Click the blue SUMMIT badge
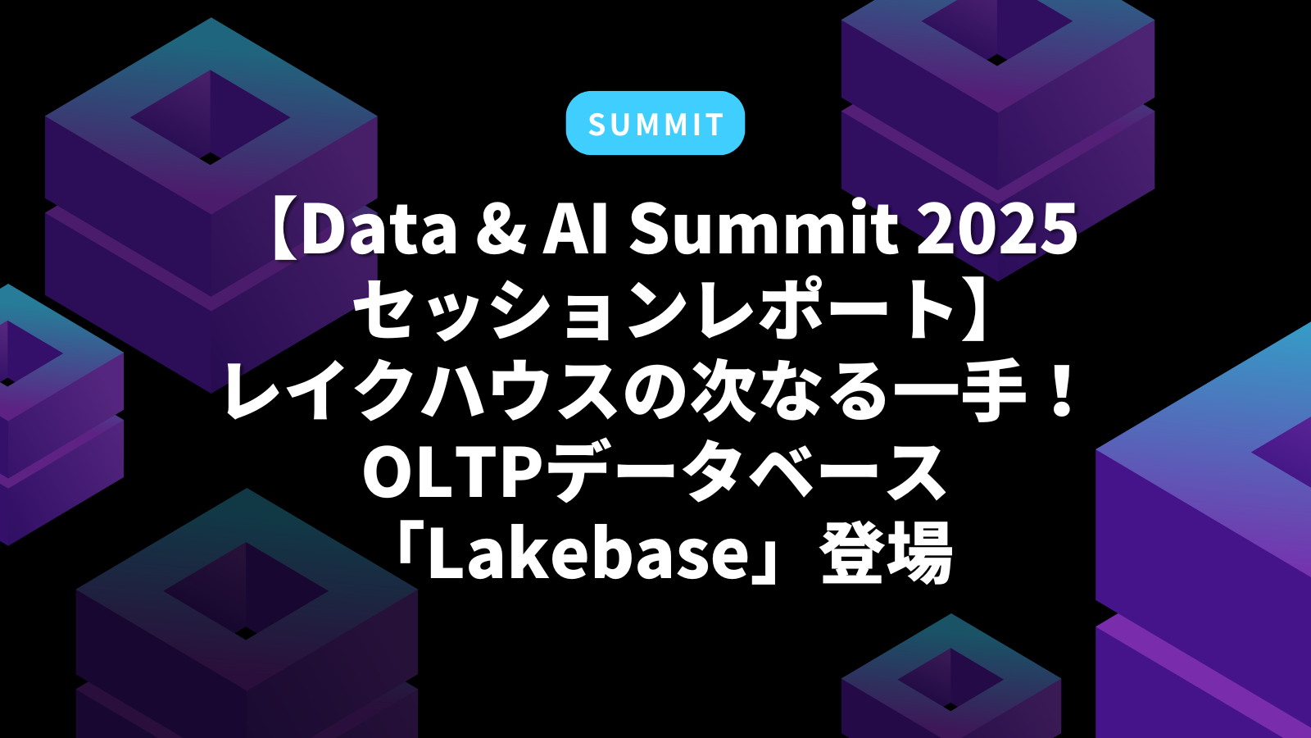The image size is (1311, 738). (655, 123)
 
